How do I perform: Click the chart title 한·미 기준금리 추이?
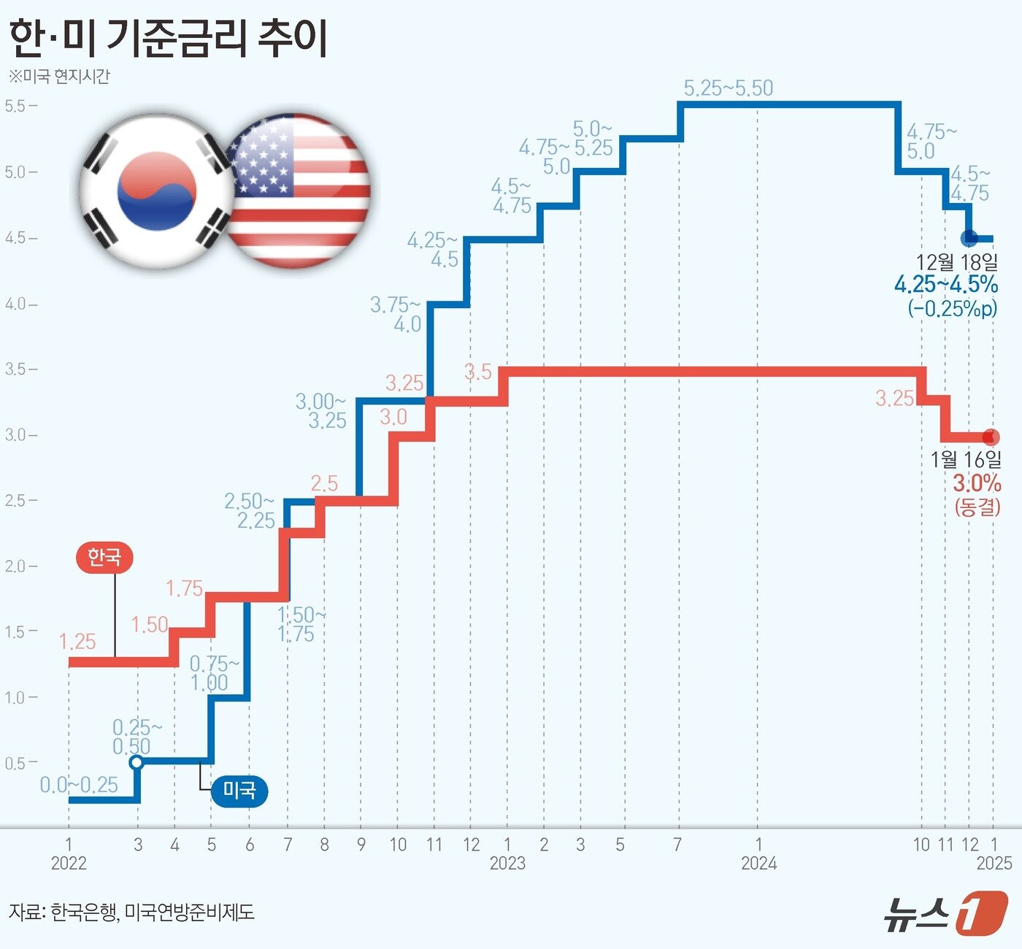coord(168,38)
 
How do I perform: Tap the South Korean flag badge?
coord(156,191)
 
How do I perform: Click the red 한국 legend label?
coord(104,558)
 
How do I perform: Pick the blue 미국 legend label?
coord(239,791)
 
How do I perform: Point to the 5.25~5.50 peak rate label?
coord(728,88)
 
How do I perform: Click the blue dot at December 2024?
coord(969,238)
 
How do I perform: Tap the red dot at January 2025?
coord(991,437)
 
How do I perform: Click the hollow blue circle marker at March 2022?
coord(137,762)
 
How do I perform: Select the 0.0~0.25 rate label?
coord(79,785)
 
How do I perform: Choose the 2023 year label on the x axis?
coord(507,864)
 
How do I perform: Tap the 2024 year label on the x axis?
coord(758,864)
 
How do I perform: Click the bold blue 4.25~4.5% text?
coord(946,285)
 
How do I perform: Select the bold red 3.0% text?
coord(977,483)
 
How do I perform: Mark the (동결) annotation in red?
coord(977,507)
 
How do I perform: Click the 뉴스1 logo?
coord(945,912)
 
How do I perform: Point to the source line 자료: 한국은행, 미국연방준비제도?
coord(131,912)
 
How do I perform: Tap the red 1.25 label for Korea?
coord(77,642)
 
